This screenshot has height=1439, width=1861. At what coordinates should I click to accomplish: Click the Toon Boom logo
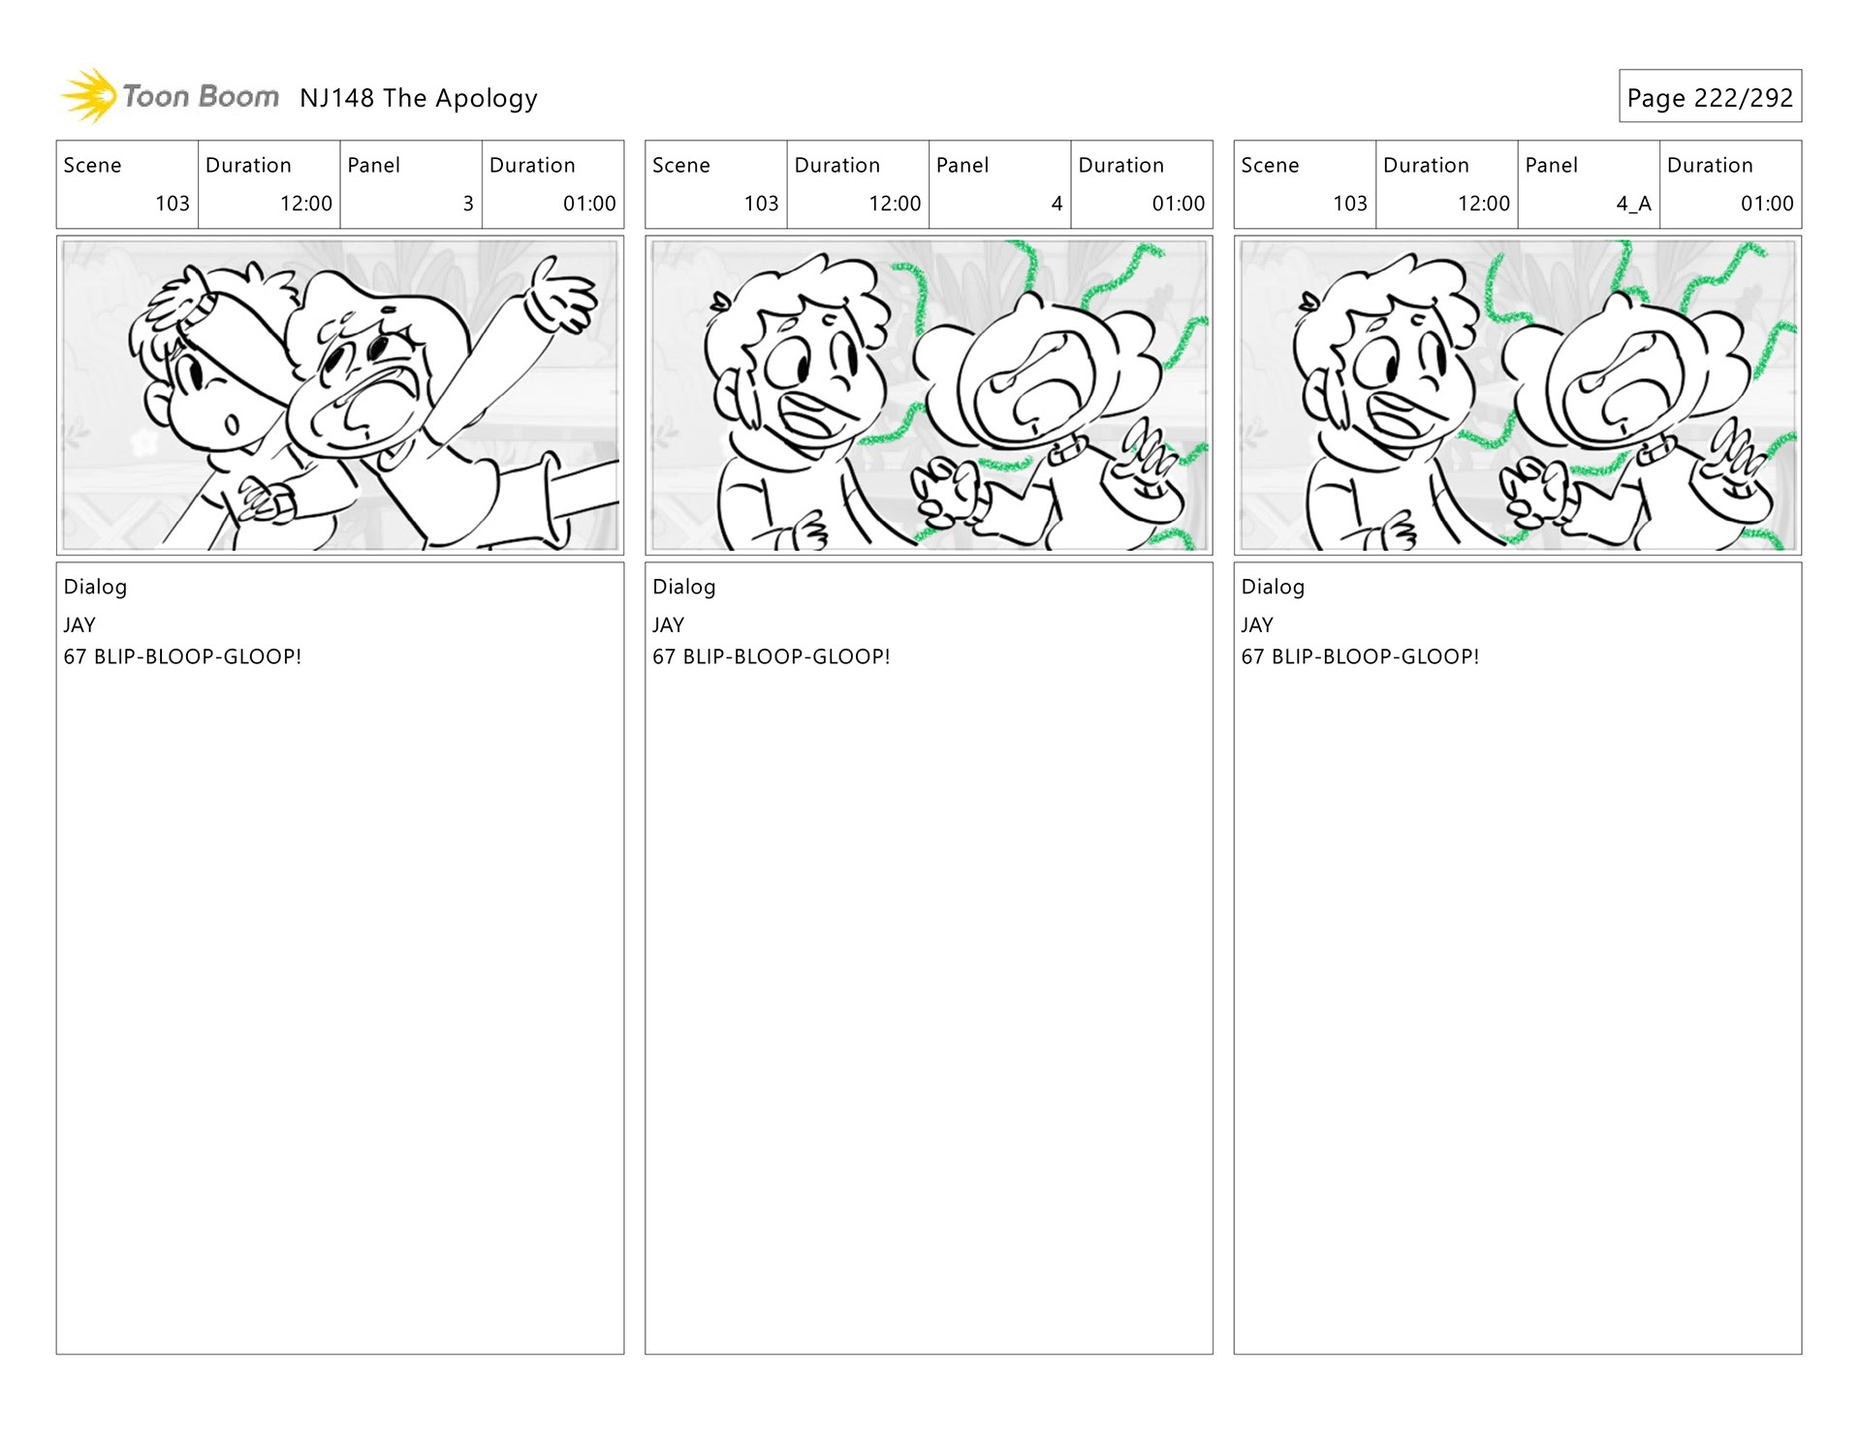pyautogui.click(x=170, y=96)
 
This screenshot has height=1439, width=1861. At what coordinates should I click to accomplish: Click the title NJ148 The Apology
pyautogui.click(x=419, y=98)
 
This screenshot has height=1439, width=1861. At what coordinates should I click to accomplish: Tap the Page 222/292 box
pyautogui.click(x=1710, y=96)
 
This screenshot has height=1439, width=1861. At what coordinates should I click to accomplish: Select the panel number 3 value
pyautogui.click(x=468, y=204)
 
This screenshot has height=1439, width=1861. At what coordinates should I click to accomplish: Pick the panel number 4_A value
pyautogui.click(x=1633, y=204)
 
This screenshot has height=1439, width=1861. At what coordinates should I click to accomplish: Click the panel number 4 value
pyautogui.click(x=1057, y=204)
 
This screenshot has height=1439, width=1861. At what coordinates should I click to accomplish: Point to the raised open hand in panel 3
pyautogui.click(x=560, y=293)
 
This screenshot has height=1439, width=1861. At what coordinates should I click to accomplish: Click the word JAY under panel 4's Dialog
pyautogui.click(x=668, y=625)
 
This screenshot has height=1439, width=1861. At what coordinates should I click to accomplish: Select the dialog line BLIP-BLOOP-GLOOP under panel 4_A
pyautogui.click(x=1375, y=656)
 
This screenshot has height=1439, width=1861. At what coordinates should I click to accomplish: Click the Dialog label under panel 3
pyautogui.click(x=95, y=587)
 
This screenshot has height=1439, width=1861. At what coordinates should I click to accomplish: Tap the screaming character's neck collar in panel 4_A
pyautogui.click(x=1656, y=449)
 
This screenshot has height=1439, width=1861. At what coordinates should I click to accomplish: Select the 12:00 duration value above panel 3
pyautogui.click(x=306, y=204)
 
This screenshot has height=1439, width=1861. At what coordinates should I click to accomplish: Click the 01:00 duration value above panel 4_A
pyautogui.click(x=1767, y=204)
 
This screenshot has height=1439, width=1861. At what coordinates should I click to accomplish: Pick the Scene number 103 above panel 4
pyautogui.click(x=761, y=204)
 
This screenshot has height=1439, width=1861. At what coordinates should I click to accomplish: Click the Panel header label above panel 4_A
pyautogui.click(x=1551, y=165)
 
